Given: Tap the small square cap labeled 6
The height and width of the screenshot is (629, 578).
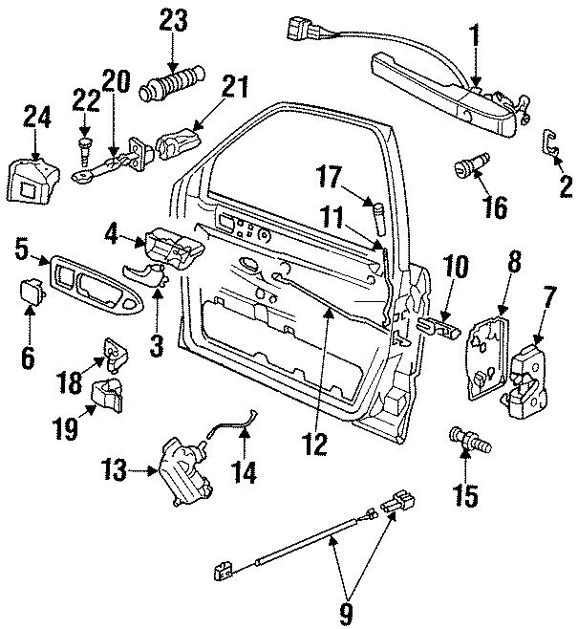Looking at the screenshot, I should point(32,291).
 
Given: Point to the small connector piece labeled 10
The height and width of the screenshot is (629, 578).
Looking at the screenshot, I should point(441,327).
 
